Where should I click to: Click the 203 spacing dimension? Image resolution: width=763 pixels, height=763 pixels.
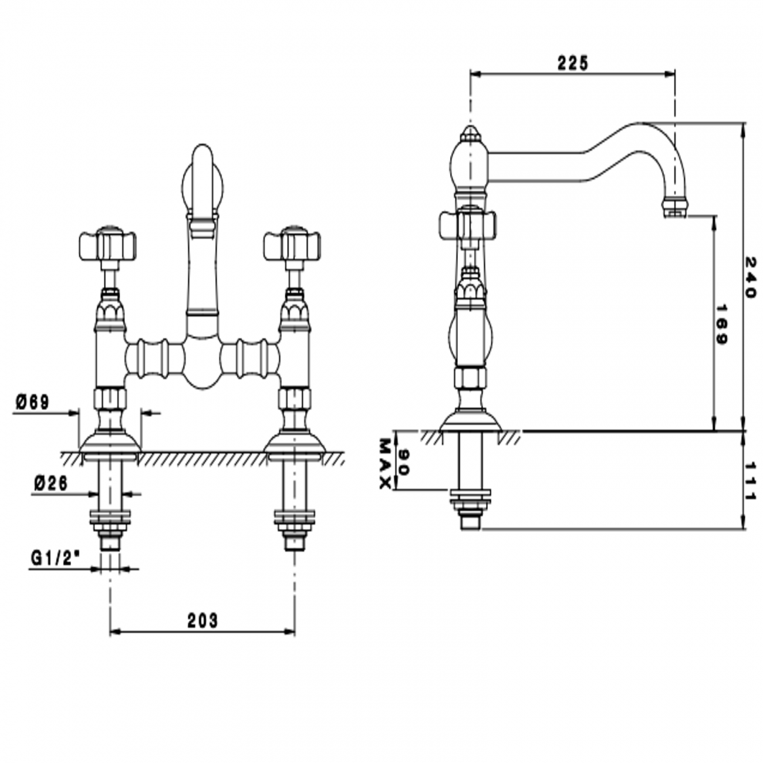coord(202,620)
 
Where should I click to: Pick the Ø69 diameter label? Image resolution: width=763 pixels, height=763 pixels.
coord(33,402)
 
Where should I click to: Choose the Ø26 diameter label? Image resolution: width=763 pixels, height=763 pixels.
coord(50,482)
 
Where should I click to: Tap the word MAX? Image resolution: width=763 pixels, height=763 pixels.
coord(385,463)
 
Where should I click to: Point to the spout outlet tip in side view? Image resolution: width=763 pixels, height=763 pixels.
coord(674,208)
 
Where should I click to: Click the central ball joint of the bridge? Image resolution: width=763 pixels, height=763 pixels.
coord(202,364)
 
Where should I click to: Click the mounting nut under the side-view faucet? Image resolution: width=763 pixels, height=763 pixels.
coord(470,499)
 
